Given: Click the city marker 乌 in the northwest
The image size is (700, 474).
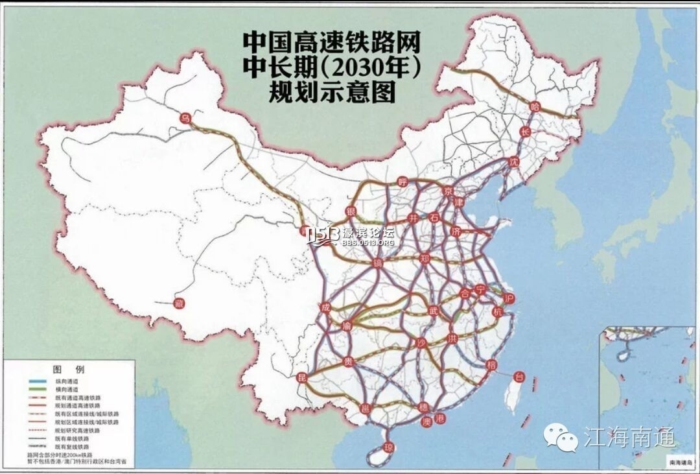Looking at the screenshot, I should (x=185, y=117).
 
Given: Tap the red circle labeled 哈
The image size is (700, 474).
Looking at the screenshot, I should (x=535, y=106).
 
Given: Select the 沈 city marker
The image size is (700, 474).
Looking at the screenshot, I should (x=515, y=160).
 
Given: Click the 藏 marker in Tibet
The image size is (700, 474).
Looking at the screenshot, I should (x=180, y=302).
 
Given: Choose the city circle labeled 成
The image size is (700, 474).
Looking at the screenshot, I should (x=324, y=307).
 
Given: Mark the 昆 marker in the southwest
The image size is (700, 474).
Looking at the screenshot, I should (x=301, y=377).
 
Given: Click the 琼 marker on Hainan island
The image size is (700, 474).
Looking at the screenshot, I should (x=389, y=447).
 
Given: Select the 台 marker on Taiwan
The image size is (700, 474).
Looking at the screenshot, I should (x=518, y=376).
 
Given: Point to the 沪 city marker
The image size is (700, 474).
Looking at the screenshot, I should (x=509, y=297).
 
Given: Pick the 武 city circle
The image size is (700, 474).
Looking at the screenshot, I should (x=433, y=311).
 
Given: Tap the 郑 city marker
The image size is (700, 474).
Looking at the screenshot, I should (x=425, y=259).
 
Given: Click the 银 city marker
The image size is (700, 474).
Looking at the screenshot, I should (x=351, y=212).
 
